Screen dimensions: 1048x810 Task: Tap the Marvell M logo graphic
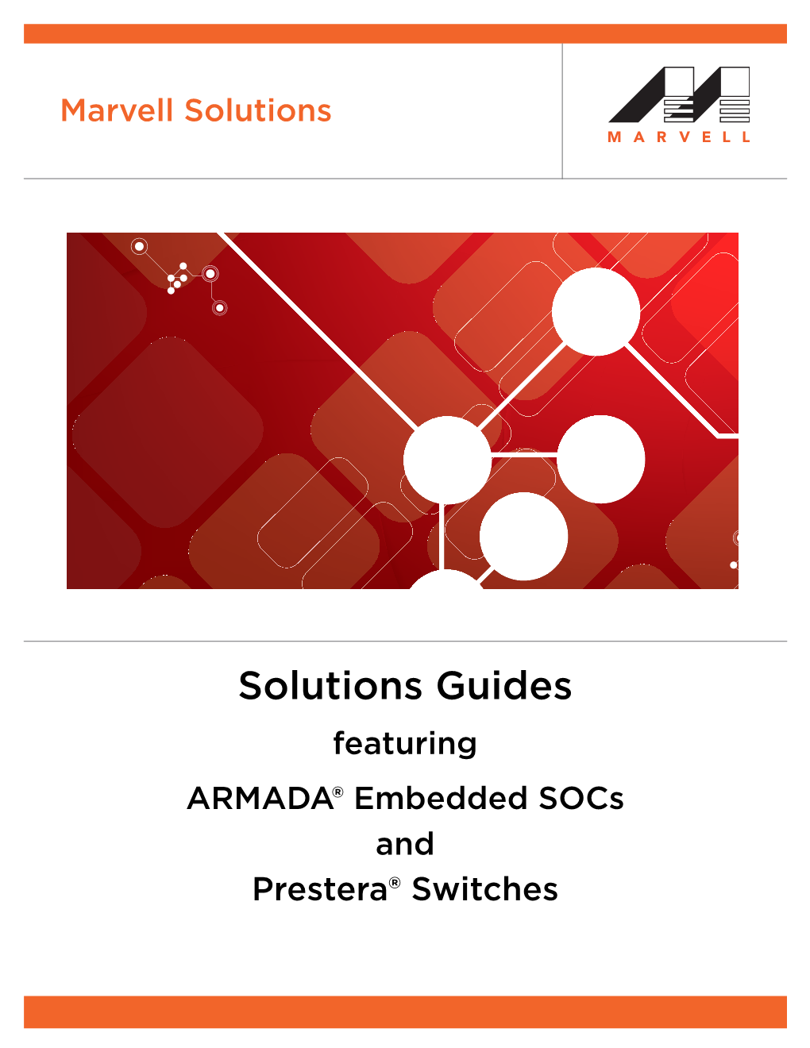click(x=679, y=94)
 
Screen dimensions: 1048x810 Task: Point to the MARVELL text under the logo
click(x=679, y=137)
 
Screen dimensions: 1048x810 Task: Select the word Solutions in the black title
click(x=332, y=686)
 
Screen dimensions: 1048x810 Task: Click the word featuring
click(x=405, y=744)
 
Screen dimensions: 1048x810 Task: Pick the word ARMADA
click(x=259, y=799)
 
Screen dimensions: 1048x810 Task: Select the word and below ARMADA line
click(x=405, y=844)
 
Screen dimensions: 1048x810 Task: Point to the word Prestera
click(x=319, y=890)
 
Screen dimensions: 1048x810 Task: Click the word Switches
click(x=484, y=890)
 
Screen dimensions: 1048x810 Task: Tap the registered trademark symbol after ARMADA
click(x=338, y=792)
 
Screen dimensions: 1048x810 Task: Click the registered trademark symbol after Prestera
click(x=395, y=882)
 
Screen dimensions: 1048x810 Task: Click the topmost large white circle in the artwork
click(x=596, y=311)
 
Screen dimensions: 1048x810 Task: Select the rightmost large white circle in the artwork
click(x=601, y=459)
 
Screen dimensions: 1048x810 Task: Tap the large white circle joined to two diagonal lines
click(x=447, y=460)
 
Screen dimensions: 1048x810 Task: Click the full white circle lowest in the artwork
click(x=523, y=536)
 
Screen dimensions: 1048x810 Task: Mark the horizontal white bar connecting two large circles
click(x=524, y=454)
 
